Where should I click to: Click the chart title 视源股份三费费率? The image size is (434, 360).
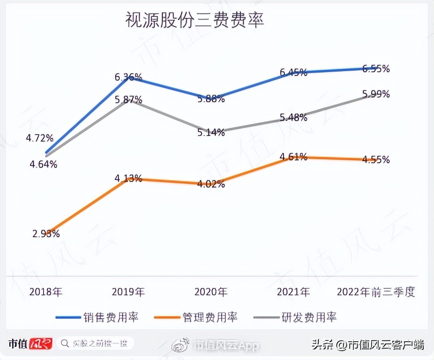(195, 20)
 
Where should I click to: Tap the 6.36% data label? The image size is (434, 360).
(128, 77)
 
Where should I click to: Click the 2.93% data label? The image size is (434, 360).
(46, 233)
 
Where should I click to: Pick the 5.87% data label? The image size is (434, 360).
(128, 99)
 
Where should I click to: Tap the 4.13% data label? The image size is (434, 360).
(128, 178)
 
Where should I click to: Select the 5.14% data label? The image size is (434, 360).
(211, 132)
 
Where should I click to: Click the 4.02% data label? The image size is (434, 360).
(211, 184)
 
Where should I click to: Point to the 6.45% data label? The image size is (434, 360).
(293, 72)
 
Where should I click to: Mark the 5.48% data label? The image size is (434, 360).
(293, 118)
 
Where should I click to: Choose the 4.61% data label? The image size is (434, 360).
(293, 157)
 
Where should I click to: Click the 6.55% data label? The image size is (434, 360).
(376, 69)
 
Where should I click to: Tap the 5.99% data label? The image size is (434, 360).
(376, 94)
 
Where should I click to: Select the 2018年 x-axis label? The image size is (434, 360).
(45, 292)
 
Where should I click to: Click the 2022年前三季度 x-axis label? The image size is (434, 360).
(376, 292)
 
